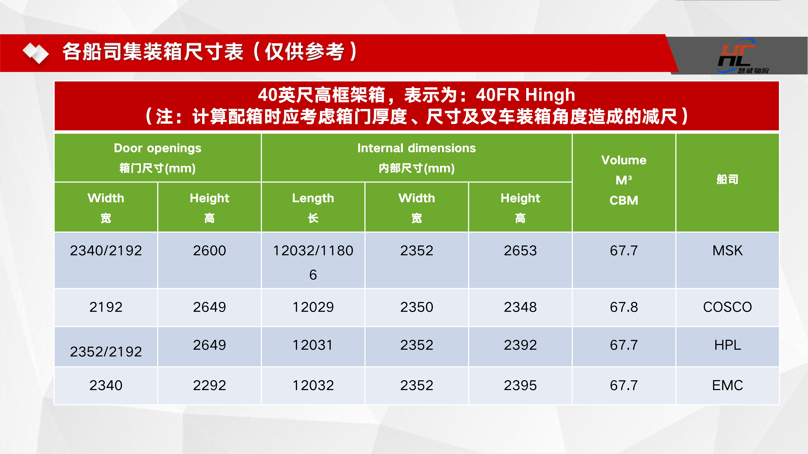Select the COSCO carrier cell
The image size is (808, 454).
(x=727, y=307)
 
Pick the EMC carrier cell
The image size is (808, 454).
(x=727, y=385)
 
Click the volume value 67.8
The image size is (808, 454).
(x=624, y=307)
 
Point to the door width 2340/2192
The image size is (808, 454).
(x=106, y=251)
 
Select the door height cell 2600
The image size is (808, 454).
(x=210, y=251)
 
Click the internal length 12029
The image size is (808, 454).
(x=313, y=307)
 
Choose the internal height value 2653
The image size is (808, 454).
(x=520, y=251)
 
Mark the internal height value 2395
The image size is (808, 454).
(x=520, y=385)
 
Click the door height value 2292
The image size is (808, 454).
(x=210, y=385)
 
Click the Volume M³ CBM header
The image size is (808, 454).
(x=624, y=180)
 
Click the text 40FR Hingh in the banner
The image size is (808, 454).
(x=525, y=95)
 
